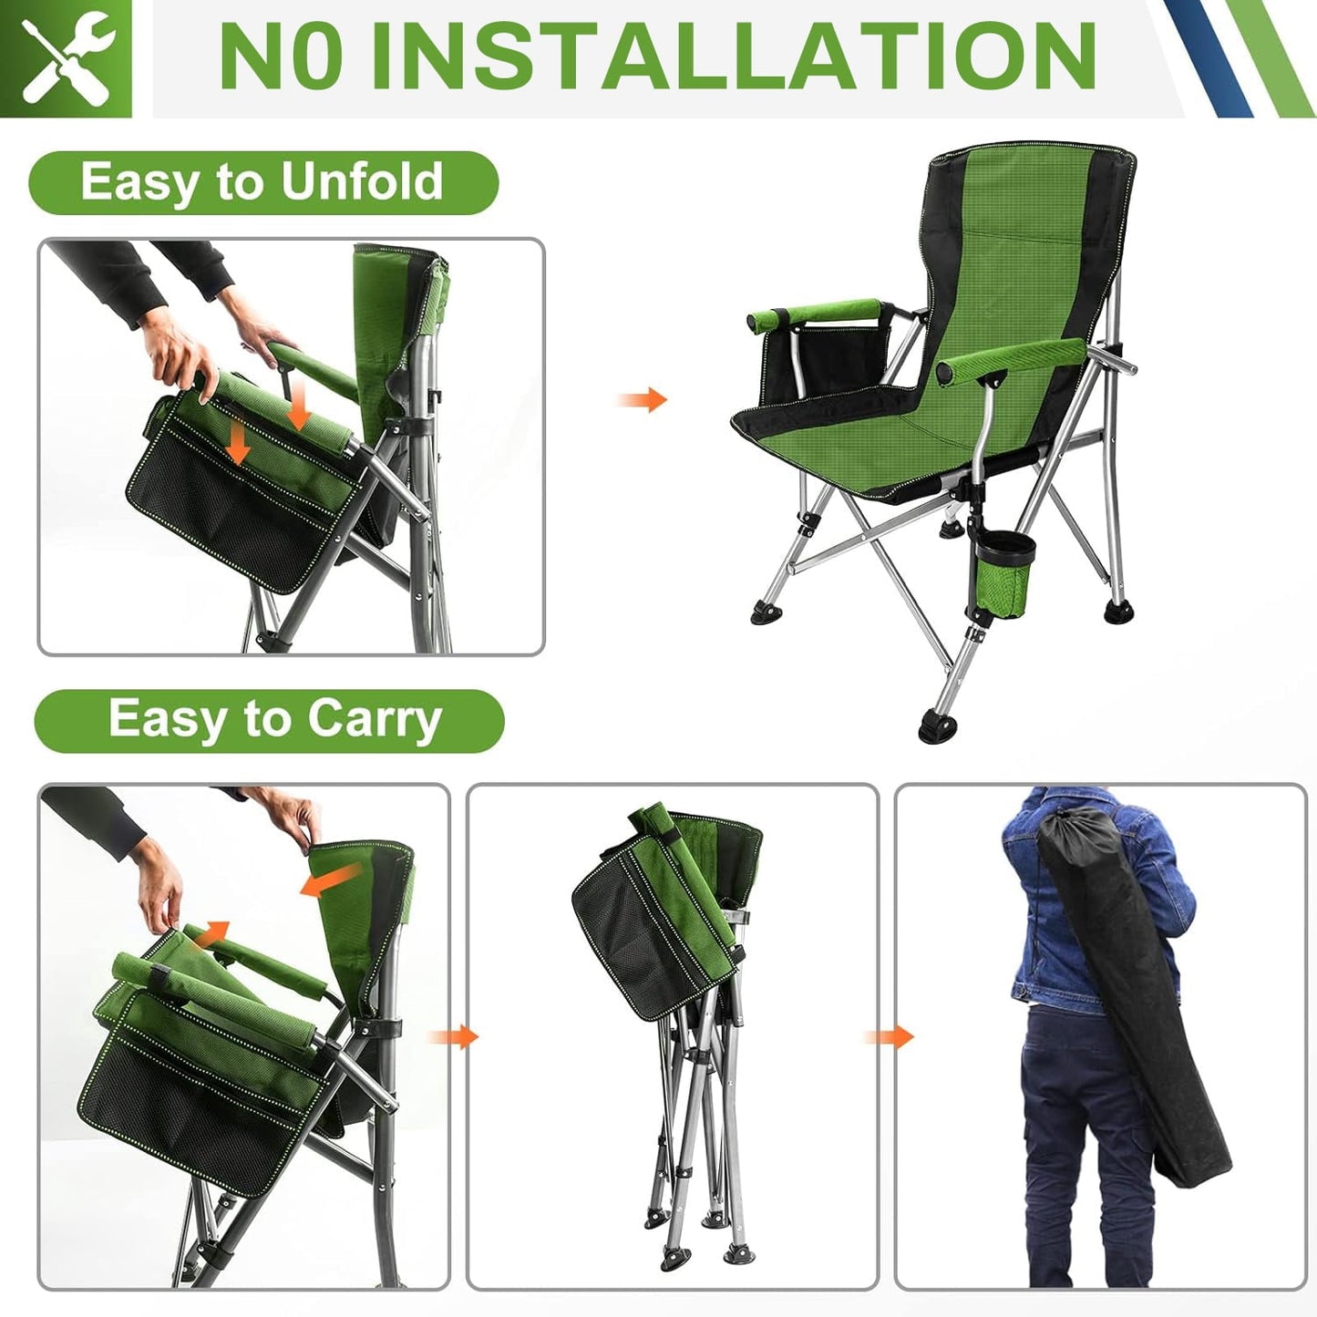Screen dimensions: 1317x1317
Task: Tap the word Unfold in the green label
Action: (362, 181)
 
